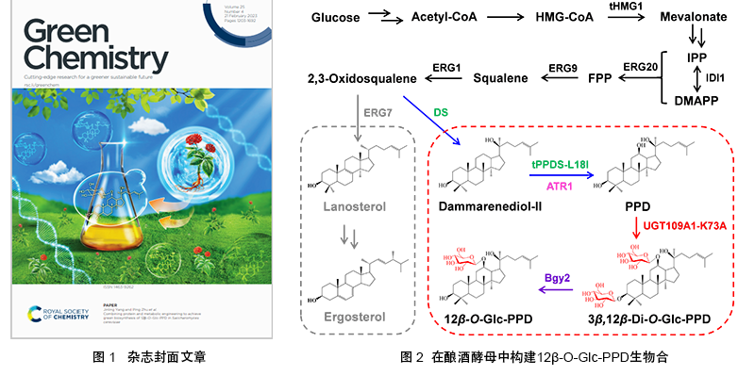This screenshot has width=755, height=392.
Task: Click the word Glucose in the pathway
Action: pyautogui.click(x=337, y=18)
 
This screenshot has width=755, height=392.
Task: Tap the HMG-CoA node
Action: pyautogui.click(x=565, y=18)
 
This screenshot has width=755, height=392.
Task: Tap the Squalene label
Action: pyautogui.click(x=500, y=79)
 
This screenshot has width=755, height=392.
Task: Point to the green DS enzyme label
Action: pyautogui.click(x=441, y=112)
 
